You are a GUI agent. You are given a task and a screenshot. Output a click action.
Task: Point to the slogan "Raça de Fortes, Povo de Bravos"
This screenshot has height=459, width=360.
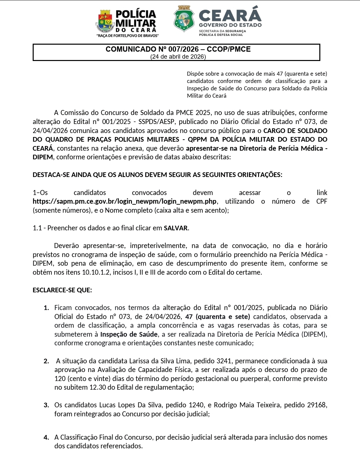[127, 35]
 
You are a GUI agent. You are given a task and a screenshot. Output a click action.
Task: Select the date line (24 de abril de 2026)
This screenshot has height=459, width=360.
[178, 57]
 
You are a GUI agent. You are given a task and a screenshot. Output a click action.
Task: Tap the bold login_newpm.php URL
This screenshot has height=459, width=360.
[124, 201]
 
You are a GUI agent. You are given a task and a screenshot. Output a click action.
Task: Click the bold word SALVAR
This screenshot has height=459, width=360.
[176, 228]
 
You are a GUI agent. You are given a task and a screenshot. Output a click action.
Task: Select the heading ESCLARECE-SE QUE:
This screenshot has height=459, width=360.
[62, 290]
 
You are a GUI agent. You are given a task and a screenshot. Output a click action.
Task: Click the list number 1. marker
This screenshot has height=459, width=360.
[46, 308]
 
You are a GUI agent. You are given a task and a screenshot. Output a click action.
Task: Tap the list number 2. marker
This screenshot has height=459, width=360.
[46, 361]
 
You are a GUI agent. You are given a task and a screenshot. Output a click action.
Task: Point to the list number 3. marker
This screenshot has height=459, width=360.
[46, 405]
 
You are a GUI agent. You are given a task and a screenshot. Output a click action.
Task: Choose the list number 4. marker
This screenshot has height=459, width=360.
[46, 437]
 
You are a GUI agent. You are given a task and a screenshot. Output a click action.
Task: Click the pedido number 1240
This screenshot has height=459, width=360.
[196, 405]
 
